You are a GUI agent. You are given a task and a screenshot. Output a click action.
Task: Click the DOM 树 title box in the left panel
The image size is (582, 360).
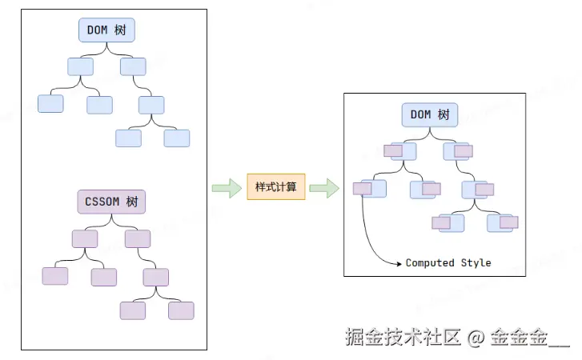point(106,30)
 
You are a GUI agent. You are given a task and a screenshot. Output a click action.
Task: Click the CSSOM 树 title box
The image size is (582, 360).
point(111,202)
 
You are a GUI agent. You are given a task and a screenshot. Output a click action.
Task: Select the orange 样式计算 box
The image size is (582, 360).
point(276,186)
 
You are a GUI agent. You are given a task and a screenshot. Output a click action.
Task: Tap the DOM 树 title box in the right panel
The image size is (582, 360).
point(430,115)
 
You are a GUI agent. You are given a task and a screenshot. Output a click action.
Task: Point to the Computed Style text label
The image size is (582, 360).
point(448,263)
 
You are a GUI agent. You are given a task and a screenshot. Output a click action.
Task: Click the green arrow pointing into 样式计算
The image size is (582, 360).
point(227,188)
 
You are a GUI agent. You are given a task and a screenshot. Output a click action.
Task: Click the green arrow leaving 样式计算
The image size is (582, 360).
point(324,188)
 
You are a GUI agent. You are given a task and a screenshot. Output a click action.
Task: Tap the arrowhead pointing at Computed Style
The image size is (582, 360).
point(399,264)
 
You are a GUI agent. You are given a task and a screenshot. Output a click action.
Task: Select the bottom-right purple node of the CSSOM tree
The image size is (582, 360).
point(181,310)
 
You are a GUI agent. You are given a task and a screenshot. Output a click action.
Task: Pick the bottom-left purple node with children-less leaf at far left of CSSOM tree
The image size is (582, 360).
point(55,276)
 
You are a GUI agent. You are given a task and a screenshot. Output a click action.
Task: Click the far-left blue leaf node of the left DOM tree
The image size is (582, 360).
point(50,103)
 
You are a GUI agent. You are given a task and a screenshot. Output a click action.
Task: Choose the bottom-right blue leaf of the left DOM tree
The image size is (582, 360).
point(177,138)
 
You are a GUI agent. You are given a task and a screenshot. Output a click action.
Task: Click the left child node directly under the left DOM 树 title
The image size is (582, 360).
point(81,66)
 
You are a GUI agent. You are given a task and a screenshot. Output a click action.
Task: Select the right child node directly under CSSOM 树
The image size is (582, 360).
point(138,238)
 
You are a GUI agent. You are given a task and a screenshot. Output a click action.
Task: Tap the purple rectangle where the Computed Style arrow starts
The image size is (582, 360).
point(363,188)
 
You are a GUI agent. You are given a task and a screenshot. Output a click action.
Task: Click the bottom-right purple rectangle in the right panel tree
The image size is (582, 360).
point(509,222)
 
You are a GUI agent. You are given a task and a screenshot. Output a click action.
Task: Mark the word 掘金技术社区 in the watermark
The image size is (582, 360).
point(403,337)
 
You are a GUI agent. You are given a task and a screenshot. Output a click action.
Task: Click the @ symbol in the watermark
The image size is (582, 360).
point(476,338)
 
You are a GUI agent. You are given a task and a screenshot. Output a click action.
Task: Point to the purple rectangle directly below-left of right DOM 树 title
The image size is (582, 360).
point(393,151)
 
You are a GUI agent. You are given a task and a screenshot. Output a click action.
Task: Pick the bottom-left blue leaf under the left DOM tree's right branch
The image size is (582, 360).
point(128,138)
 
